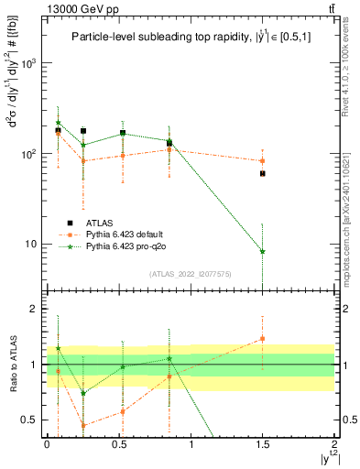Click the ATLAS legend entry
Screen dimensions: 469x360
click(101, 223)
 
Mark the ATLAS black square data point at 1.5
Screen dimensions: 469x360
click(263, 173)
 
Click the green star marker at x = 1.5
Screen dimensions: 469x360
click(263, 251)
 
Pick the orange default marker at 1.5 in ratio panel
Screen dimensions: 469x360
click(263, 339)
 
